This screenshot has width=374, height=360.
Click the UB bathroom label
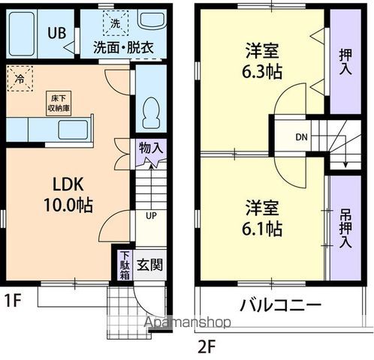click(x=56, y=33)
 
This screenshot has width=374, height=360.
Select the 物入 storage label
click(x=150, y=148)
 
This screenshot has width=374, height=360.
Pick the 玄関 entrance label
click(x=151, y=265)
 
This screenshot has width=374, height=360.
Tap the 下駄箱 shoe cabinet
click(x=125, y=265)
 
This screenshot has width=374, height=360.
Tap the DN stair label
click(x=300, y=137)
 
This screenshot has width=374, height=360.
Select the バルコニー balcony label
click(x=281, y=306)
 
